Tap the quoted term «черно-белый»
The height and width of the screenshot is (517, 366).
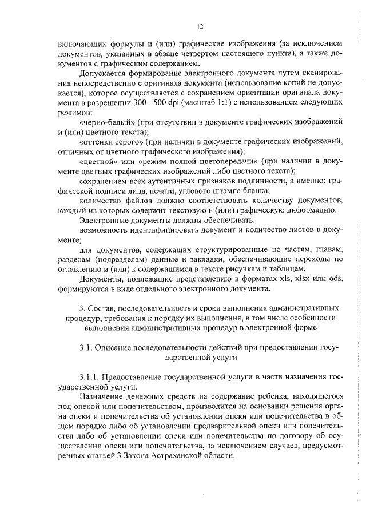105,123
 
